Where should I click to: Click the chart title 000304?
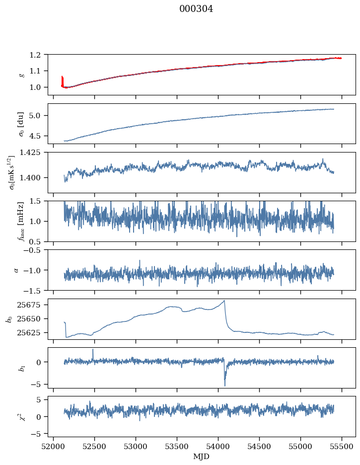pos(196,9)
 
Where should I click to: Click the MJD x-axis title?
pos(202,457)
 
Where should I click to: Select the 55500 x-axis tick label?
pos(342,446)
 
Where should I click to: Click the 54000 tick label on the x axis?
pos(218,446)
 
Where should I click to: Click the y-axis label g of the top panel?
pos(21,75)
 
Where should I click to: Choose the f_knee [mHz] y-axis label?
pos(21,222)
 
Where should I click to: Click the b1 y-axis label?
pos(21,368)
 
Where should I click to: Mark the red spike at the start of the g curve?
pos(62,78)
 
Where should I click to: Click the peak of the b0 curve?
pos(224,301)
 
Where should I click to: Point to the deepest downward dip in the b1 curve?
pos(224,385)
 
